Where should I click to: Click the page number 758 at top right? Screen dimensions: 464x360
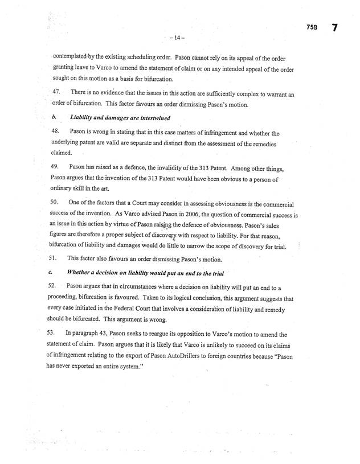tap(310, 27)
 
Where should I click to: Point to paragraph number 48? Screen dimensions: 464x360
tap(56, 132)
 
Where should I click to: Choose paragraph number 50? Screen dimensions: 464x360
tap(56, 203)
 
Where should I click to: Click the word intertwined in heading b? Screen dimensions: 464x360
tap(150, 118)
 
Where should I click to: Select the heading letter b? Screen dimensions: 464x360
tap(55, 118)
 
